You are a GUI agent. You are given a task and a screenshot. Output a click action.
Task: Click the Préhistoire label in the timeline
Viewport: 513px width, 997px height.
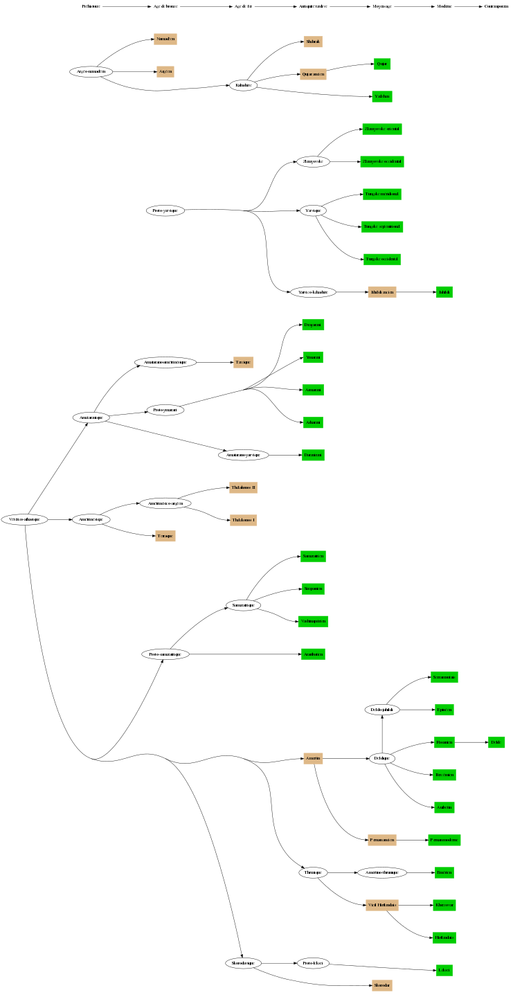point(91,6)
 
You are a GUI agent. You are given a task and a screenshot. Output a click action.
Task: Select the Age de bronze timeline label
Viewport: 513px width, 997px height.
point(165,6)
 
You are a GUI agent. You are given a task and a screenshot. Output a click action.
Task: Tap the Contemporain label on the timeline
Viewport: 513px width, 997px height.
point(496,6)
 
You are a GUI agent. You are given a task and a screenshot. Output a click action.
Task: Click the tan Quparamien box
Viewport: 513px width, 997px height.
point(313,74)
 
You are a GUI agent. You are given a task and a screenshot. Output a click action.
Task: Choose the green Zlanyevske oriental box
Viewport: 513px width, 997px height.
point(382,129)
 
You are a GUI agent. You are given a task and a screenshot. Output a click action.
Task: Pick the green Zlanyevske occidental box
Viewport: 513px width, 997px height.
point(382,161)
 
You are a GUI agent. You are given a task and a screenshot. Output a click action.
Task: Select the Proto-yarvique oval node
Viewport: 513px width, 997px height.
point(165,210)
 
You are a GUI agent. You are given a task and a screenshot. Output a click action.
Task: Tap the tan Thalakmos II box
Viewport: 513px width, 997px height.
point(243,487)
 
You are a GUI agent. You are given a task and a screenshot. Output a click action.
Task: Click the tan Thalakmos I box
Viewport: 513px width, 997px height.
point(243,520)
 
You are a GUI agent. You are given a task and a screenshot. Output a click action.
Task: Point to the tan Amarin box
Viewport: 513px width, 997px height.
point(313,759)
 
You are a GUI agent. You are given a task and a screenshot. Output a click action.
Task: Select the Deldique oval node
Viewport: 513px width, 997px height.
point(382,759)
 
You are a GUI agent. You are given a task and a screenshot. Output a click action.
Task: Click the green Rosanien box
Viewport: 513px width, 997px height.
point(444,742)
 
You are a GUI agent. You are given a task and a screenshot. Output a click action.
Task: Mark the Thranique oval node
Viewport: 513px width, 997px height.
point(312,872)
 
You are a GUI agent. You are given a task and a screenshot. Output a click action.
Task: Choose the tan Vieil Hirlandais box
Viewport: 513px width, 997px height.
point(381,905)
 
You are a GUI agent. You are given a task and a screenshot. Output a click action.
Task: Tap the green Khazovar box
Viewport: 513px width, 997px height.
point(444,905)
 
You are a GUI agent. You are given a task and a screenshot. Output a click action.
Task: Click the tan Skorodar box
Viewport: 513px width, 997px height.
point(382,985)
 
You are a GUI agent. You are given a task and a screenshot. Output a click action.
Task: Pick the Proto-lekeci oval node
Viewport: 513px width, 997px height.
point(313,963)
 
